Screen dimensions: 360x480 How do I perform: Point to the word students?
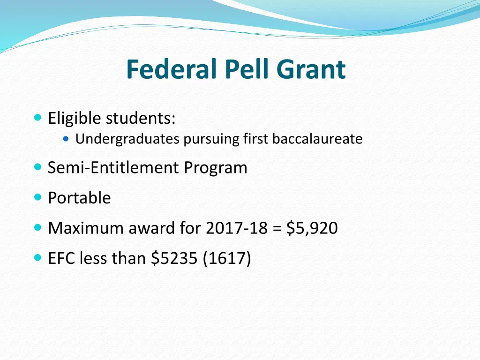click(x=141, y=119)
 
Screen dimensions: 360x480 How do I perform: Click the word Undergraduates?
click(x=127, y=139)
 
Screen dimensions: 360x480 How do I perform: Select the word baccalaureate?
click(x=317, y=139)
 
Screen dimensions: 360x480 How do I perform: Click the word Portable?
click(x=79, y=198)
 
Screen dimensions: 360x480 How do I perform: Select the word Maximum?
click(x=80, y=228)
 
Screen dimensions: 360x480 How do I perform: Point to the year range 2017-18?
click(x=236, y=228)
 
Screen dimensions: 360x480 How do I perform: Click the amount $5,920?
click(x=312, y=228)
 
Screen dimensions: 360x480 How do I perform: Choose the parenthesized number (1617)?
click(x=227, y=258)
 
